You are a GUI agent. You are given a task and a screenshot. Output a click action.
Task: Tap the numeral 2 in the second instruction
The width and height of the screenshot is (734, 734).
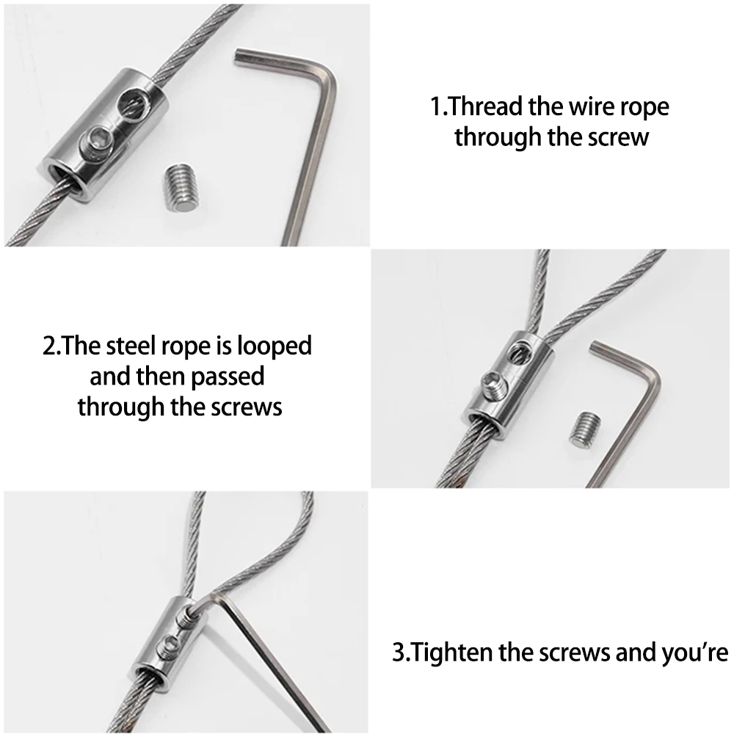(49, 346)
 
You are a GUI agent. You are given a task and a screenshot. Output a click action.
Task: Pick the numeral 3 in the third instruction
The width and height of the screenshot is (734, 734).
(399, 653)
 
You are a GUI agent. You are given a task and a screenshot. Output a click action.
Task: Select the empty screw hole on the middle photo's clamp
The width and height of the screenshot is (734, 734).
(519, 352)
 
